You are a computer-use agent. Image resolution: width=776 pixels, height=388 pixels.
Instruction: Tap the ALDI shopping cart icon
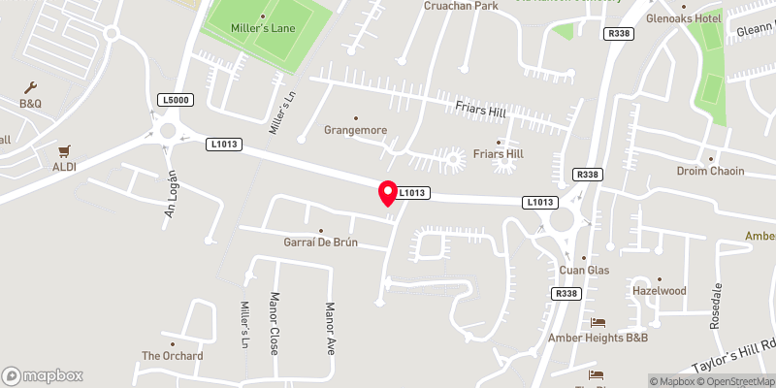(x=65, y=151)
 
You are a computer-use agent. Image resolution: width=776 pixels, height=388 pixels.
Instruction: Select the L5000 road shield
(x=176, y=100)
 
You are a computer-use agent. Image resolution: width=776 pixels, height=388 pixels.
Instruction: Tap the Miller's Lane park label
(x=262, y=27)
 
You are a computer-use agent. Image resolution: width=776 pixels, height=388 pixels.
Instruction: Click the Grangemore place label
(x=354, y=128)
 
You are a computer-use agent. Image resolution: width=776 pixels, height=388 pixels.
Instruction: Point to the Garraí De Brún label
(x=320, y=242)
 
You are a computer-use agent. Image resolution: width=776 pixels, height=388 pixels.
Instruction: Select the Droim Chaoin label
(x=710, y=171)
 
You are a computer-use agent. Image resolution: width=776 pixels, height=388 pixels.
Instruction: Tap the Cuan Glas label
(x=584, y=270)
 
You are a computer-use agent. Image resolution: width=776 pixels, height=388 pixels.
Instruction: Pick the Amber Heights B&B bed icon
(x=598, y=322)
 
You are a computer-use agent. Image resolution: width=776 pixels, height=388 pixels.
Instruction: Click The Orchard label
(x=173, y=356)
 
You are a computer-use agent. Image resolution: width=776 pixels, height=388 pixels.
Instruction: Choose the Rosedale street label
(x=718, y=305)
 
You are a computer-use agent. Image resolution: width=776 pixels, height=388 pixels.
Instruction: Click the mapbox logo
(x=42, y=375)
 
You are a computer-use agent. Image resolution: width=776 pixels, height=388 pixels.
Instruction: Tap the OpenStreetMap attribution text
(x=739, y=381)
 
